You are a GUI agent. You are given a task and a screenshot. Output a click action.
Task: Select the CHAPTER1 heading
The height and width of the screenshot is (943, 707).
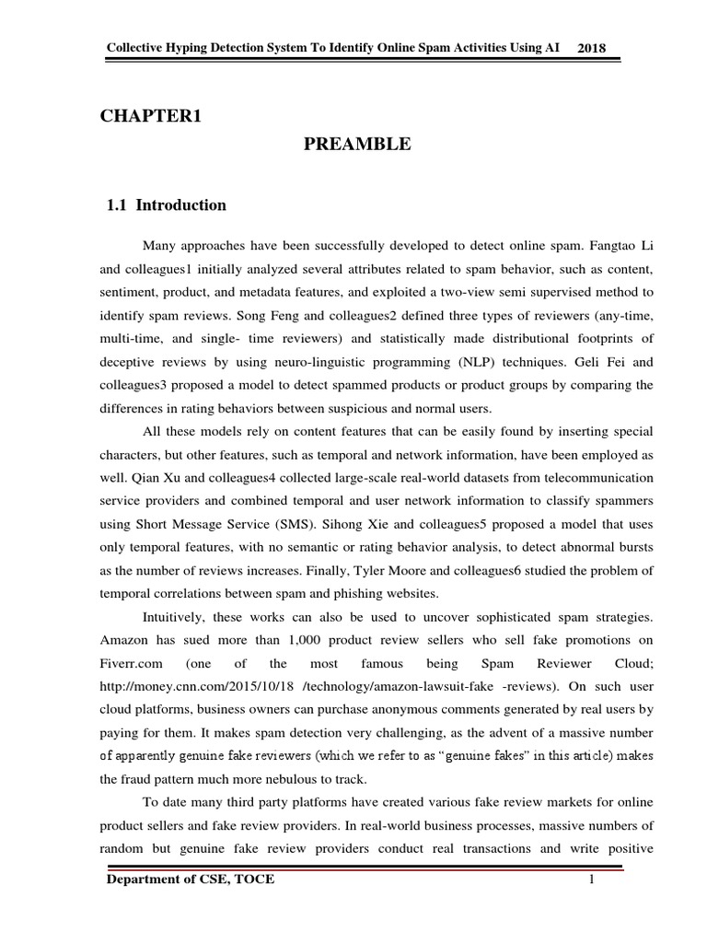click(150, 115)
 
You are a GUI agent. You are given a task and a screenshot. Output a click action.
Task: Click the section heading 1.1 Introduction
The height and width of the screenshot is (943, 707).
click(168, 205)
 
